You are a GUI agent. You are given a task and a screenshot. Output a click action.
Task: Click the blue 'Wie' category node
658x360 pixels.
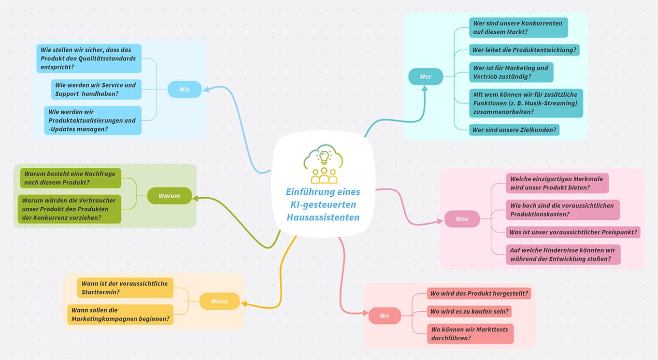coord(185,89)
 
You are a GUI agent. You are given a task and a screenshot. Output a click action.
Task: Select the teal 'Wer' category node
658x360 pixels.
coord(425,76)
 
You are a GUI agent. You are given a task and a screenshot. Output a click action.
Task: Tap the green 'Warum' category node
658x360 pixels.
coord(169,196)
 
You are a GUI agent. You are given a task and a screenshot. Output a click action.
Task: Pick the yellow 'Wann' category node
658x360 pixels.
coord(219,301)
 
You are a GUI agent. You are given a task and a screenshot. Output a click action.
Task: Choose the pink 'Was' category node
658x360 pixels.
coord(462,219)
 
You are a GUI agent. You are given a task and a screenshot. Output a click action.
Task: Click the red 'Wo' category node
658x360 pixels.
coord(385,316)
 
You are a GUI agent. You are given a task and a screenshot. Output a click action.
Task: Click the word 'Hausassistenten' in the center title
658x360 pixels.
coord(323,217)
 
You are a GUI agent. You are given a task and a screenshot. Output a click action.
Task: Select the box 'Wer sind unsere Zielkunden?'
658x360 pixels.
coord(514,130)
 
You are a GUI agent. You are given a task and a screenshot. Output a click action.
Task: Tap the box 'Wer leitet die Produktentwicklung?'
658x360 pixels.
coord(524,50)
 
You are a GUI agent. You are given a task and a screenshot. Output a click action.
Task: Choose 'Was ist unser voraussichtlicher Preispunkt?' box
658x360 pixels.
coord(573,232)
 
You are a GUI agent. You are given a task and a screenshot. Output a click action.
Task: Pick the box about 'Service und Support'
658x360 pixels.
coord(96,89)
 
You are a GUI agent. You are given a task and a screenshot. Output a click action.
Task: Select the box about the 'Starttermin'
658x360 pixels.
coord(125,288)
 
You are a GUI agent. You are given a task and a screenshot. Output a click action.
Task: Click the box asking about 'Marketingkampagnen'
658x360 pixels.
coord(120,315)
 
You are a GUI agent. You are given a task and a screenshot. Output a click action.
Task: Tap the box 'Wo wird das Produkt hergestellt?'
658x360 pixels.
coord(479,293)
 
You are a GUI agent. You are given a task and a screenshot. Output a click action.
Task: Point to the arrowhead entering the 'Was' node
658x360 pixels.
coord(440,221)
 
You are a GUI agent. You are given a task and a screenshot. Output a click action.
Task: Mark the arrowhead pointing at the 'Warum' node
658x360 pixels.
coord(196,198)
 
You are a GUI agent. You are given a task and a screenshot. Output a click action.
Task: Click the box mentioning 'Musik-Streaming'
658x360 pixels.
coord(526,102)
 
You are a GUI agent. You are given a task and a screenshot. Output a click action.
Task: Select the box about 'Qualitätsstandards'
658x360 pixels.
coord(88,58)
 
